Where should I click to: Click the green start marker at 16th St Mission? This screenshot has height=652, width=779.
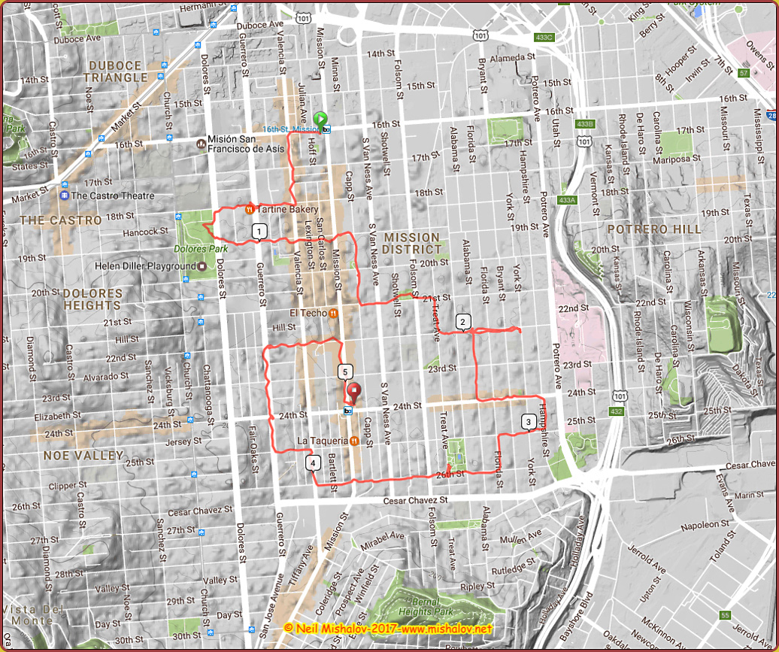click(320, 119)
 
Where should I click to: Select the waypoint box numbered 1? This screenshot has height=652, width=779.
click(259, 231)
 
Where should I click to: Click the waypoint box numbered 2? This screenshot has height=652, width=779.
click(463, 323)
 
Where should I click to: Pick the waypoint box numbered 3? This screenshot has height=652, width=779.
click(529, 422)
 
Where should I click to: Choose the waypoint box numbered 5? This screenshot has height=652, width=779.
click(344, 371)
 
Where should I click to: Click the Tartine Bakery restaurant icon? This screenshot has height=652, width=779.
click(249, 209)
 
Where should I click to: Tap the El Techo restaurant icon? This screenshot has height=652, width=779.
click(332, 313)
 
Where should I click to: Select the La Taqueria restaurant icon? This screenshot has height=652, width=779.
click(353, 441)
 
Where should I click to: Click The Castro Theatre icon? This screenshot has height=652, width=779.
click(65, 196)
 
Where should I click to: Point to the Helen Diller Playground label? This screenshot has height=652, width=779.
click(145, 266)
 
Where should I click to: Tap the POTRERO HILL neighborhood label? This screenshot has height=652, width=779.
click(653, 229)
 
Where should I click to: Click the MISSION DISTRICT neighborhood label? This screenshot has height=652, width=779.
click(411, 243)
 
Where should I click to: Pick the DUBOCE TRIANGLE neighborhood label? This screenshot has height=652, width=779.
click(116, 71)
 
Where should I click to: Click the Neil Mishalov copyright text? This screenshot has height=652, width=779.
click(389, 628)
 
